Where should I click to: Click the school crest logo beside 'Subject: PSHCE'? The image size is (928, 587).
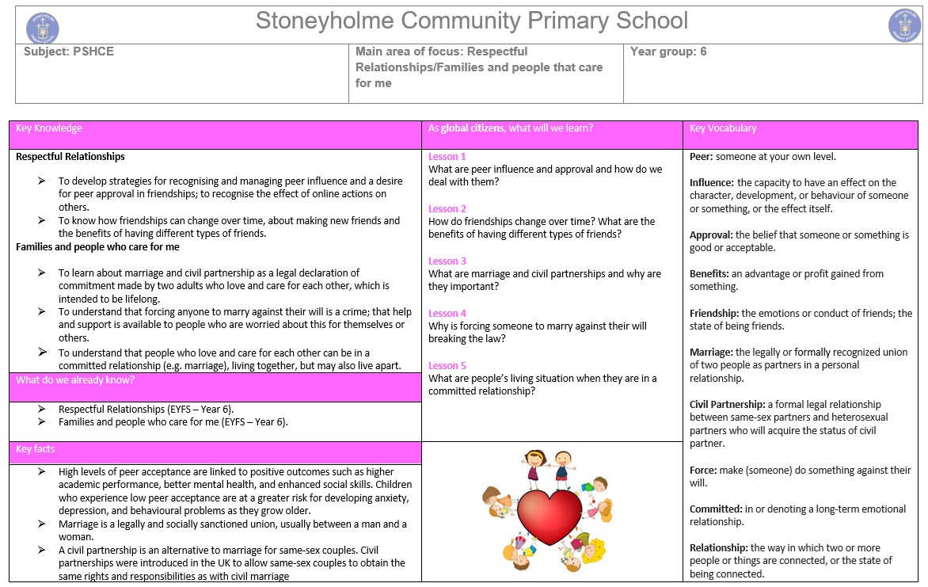pos(43,27)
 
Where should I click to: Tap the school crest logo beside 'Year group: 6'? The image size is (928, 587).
pos(905,26)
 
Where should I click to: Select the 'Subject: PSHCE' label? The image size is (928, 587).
pos(69,51)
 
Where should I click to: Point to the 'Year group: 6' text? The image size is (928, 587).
pos(668,51)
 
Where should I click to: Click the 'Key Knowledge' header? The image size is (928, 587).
pos(49,128)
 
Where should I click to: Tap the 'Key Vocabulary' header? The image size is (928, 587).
pos(723,128)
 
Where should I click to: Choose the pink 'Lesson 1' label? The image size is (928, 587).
pos(447,157)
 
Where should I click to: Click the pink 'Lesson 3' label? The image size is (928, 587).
pos(447,261)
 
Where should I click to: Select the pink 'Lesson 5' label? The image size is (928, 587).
pos(447,366)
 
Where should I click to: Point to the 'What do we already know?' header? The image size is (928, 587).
pos(75,380)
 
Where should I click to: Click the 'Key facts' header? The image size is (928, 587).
pos(36,449)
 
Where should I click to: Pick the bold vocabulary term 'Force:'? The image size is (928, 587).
pos(703,471)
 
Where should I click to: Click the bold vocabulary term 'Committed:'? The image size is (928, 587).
pos(716,509)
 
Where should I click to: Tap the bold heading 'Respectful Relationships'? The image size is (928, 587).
pos(70,157)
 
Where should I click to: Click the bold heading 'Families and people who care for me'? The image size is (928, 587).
pos(97,247)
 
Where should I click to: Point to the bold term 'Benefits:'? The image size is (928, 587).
pos(709,274)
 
